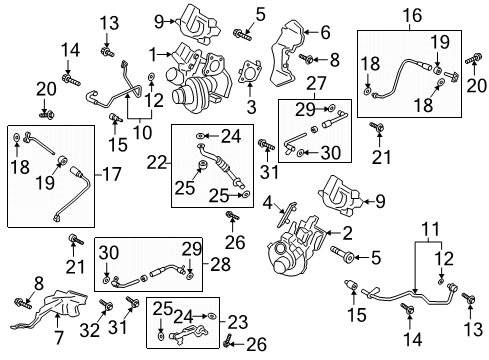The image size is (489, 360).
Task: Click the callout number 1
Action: (x=153, y=52)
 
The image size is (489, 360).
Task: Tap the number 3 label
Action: (x=251, y=104)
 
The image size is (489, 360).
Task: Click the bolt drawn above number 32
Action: (x=107, y=304)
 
